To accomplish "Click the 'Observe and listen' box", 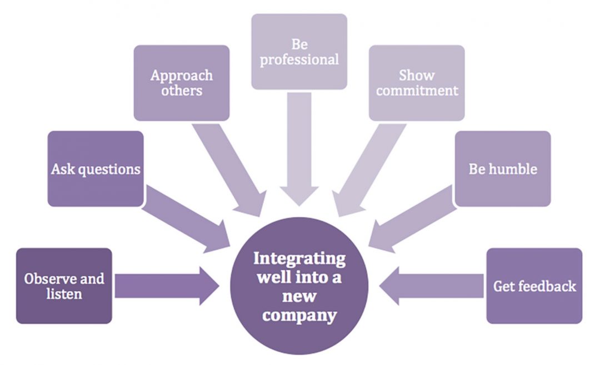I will click(x=64, y=286).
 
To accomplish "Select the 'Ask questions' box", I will click(x=96, y=169).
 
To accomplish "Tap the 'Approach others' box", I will click(x=182, y=83).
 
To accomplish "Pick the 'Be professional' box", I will click(x=299, y=52).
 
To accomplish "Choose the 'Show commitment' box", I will click(x=417, y=83).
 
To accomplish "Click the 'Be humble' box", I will click(x=503, y=169).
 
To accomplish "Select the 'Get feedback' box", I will click(x=534, y=286).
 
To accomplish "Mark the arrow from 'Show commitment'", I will click(x=364, y=166).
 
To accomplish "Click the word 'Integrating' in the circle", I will click(x=299, y=259).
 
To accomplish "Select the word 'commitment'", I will click(x=417, y=90).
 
